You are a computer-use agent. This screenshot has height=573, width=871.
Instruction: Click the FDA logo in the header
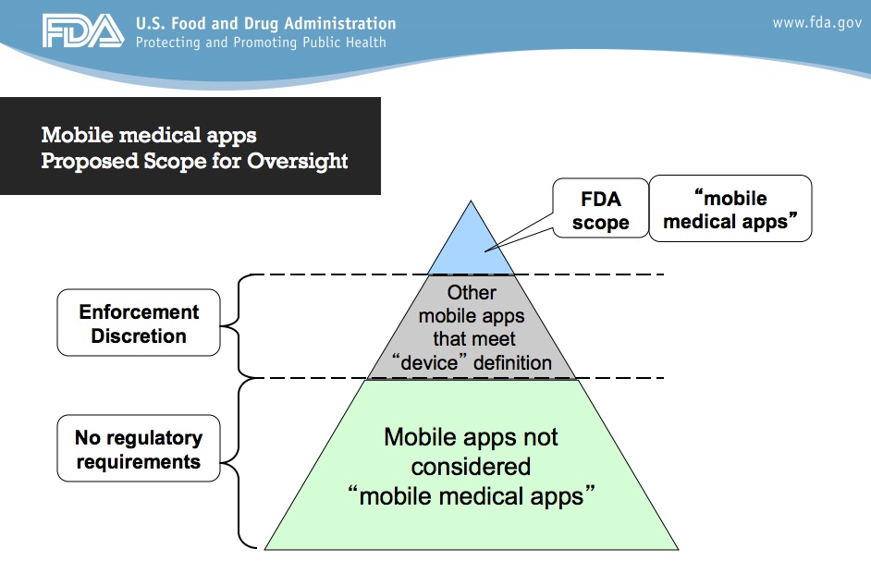point(83,30)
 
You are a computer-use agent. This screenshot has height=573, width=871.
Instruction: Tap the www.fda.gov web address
point(816,23)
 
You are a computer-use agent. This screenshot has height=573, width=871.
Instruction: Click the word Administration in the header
point(340,23)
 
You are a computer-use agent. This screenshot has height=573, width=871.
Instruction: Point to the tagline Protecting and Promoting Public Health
point(261,43)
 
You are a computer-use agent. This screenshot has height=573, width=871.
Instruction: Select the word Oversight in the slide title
point(297,161)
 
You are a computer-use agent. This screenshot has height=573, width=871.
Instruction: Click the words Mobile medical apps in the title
point(149,136)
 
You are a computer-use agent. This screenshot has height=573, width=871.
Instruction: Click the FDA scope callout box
point(600,208)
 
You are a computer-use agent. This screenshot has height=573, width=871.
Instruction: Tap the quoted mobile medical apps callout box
point(730,208)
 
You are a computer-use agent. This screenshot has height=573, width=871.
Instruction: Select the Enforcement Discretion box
point(139,323)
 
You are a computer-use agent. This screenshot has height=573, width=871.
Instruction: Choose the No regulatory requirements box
point(139,448)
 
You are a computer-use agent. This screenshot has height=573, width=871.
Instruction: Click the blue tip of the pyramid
point(471,244)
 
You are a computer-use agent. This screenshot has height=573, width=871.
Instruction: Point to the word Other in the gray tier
point(472,293)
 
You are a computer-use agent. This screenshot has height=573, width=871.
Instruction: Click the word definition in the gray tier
point(512,362)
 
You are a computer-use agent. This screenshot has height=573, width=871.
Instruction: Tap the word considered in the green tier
point(471,467)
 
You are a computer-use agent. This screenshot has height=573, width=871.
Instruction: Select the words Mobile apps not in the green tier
point(471,437)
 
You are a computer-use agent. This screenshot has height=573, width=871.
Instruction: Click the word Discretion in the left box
point(139,335)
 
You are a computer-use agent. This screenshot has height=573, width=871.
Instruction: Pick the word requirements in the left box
point(139,462)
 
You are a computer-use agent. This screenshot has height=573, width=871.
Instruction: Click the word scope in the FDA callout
point(600,223)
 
